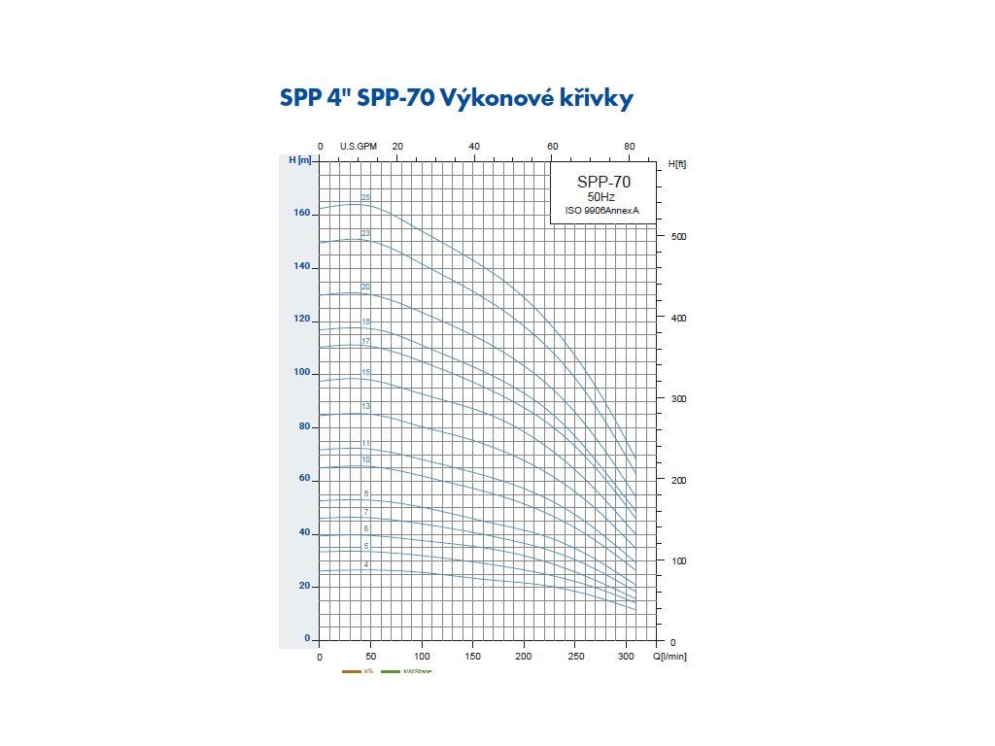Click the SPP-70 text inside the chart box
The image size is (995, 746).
click(x=603, y=182)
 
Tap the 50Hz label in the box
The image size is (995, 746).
click(x=602, y=197)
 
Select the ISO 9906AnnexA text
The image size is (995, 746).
click(x=602, y=211)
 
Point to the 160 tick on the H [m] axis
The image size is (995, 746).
click(x=301, y=213)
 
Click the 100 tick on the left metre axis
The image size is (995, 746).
click(x=301, y=373)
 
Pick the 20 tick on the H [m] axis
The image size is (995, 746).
click(x=304, y=586)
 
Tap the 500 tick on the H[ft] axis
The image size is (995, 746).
click(x=679, y=237)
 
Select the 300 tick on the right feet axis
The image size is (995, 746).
click(x=679, y=399)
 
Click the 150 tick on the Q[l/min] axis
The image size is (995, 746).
click(x=473, y=658)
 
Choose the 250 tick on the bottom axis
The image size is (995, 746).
click(x=576, y=658)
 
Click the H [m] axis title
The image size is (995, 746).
click(x=300, y=160)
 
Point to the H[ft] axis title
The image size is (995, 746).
click(x=677, y=164)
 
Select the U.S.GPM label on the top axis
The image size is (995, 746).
click(x=358, y=146)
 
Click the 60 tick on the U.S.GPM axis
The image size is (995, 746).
click(x=552, y=146)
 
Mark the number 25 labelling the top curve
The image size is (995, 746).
click(x=365, y=197)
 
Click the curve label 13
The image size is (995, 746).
click(x=365, y=406)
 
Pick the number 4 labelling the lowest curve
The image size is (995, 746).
click(x=366, y=564)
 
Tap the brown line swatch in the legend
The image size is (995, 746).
click(x=352, y=671)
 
